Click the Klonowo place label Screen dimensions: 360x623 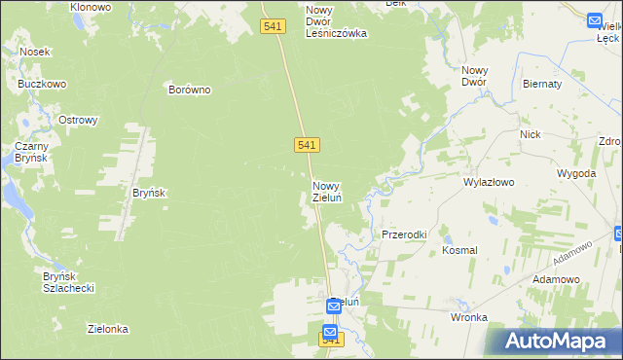coord(91,7)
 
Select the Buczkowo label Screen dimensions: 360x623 coord(42,84)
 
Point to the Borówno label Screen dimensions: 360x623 coord(189,90)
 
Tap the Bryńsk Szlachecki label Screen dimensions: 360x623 coord(67,282)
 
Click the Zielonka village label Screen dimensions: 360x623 coord(108,329)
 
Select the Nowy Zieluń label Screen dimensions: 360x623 coord(326,192)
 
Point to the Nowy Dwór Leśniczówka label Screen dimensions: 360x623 coord(335,21)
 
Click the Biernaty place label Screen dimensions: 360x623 coord(542,85)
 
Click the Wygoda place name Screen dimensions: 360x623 coord(575,173)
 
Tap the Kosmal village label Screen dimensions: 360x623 coord(459,250)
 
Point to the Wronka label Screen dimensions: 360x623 coord(468,317)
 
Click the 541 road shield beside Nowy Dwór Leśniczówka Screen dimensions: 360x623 coord(274,26)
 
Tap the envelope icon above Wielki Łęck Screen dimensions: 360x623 coord(596,20)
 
